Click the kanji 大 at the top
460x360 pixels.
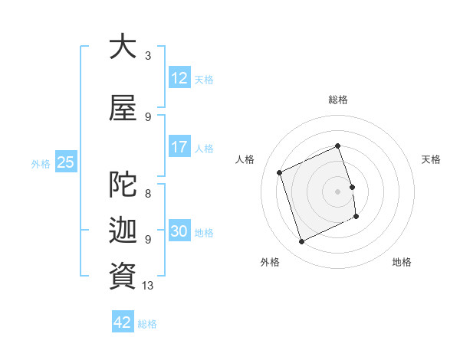tap(123, 47)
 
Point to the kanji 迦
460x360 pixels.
tap(123, 231)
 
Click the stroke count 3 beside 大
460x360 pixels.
tap(148, 55)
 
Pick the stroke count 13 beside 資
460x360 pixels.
tap(149, 285)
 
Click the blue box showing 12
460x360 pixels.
tap(179, 78)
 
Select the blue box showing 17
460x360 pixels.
tap(179, 147)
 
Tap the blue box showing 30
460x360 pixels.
tap(179, 231)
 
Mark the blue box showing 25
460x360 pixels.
tap(65, 162)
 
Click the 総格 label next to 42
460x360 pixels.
tap(147, 324)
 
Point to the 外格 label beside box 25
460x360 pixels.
tap(41, 163)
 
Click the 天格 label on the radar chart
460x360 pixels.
tap(431, 159)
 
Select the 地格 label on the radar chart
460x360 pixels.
tap(402, 262)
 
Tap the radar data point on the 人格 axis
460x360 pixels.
tap(280, 172)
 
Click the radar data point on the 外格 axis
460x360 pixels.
tap(301, 242)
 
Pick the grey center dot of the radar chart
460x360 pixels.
tap(337, 191)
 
